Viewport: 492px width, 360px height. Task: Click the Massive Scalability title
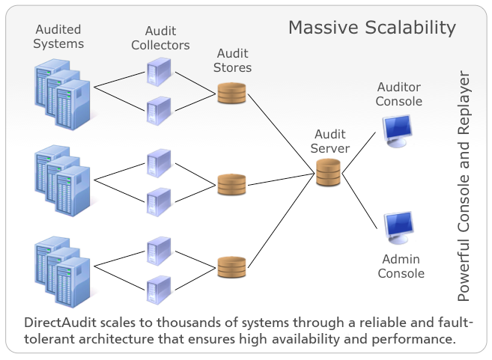point(372,28)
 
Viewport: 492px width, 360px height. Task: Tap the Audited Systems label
point(60,37)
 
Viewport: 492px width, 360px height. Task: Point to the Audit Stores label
point(234,61)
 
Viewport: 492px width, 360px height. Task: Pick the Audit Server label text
point(330,141)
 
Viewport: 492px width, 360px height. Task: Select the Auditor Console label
point(400,94)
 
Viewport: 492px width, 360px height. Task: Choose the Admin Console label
point(401,266)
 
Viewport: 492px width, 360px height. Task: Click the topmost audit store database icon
point(231,94)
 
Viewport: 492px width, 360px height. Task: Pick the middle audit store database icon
point(231,184)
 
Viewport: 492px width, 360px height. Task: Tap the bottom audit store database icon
point(231,266)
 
